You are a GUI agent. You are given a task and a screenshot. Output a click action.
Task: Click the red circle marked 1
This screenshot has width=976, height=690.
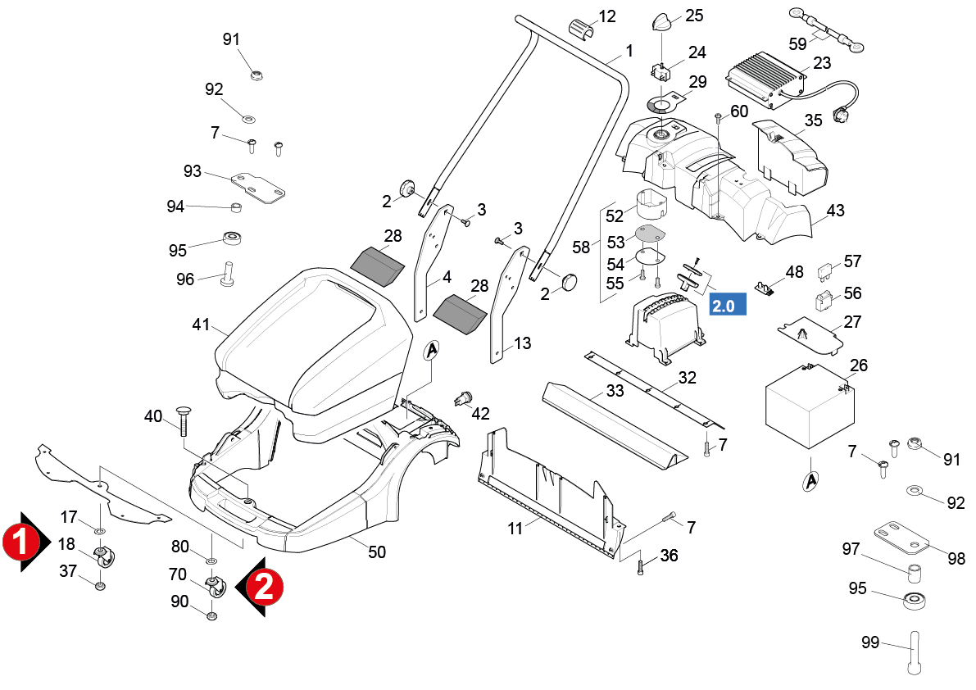click(x=21, y=542)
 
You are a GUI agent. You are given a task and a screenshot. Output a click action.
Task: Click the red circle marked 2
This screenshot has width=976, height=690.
click(x=265, y=587)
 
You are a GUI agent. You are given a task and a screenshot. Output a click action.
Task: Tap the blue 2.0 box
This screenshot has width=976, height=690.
click(x=728, y=305)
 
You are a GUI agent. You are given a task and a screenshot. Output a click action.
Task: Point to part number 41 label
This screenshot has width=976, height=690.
click(x=201, y=325)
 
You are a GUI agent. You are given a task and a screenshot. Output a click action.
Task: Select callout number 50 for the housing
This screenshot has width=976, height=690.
click(x=377, y=552)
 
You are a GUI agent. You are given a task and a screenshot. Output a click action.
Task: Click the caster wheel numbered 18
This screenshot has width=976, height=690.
click(x=103, y=556)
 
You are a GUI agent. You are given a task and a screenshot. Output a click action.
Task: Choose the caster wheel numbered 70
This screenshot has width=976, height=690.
click(x=216, y=588)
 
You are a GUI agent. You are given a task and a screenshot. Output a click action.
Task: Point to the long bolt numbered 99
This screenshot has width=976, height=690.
click(x=913, y=652)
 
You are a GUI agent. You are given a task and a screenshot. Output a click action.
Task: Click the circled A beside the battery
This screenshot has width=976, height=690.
click(x=810, y=481)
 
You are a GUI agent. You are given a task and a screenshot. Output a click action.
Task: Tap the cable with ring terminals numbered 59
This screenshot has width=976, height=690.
click(x=827, y=30)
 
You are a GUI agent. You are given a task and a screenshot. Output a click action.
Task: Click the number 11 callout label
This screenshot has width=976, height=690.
click(x=515, y=529)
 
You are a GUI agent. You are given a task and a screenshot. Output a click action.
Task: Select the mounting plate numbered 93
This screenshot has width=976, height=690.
click(x=258, y=188)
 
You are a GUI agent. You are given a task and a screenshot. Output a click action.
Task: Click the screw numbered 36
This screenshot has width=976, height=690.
click(x=641, y=567)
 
